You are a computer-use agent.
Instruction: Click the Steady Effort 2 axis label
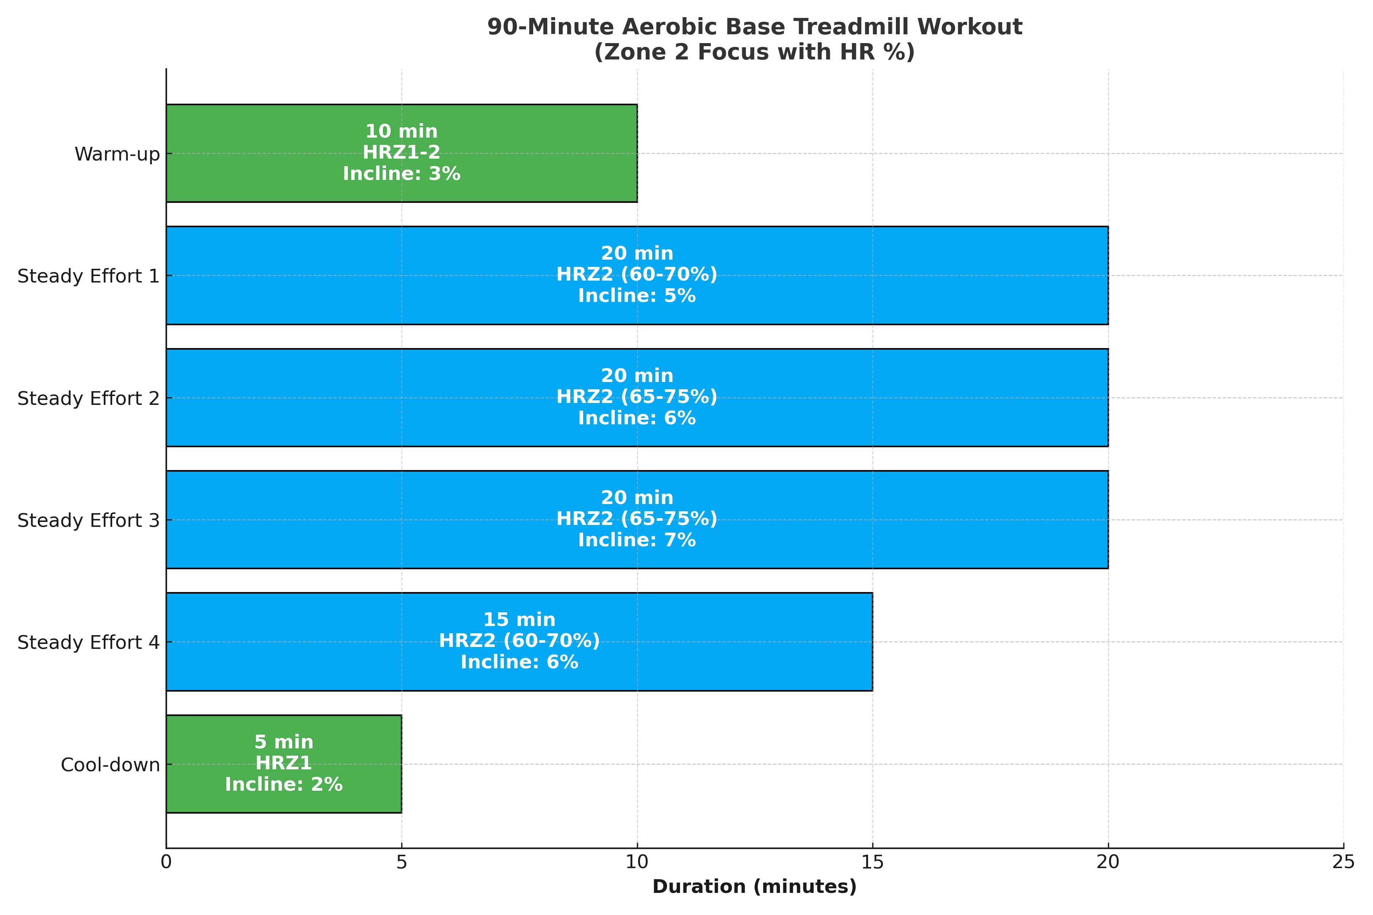coord(88,398)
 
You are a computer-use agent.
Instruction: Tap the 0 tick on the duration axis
coord(166,862)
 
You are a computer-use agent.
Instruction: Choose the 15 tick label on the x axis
coord(872,862)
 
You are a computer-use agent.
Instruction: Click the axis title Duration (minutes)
coord(754,887)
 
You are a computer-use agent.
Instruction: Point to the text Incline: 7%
coord(637,540)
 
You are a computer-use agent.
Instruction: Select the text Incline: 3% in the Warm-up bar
coord(402,174)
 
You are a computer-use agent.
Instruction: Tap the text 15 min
coord(519,620)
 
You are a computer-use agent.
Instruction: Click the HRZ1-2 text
coord(402,152)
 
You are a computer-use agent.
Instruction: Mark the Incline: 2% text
coord(284,784)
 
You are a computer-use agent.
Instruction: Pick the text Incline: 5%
coord(637,296)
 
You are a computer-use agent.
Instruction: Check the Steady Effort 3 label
coord(88,520)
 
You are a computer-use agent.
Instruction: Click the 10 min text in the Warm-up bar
coord(402,131)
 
